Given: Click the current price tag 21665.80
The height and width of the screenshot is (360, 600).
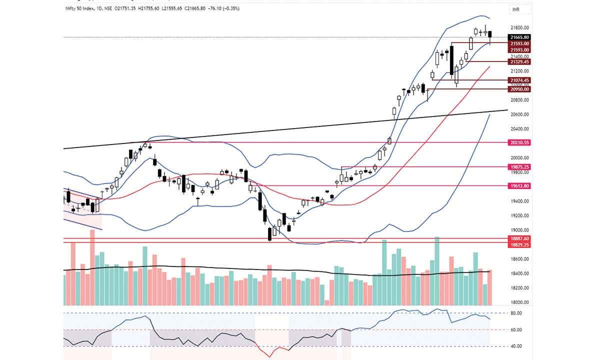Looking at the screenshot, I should pyautogui.click(x=518, y=37).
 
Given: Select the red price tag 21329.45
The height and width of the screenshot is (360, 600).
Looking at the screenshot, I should pyautogui.click(x=518, y=61).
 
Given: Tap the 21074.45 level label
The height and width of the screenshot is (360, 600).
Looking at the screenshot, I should pyautogui.click(x=518, y=80).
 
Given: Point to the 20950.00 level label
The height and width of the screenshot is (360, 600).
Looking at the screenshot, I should pyautogui.click(x=518, y=89).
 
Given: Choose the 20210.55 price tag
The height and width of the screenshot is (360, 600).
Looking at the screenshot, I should pyautogui.click(x=518, y=142).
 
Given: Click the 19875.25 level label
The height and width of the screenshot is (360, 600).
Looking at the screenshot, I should pyautogui.click(x=518, y=166).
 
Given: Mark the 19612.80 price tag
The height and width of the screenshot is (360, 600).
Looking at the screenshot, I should pyautogui.click(x=518, y=185).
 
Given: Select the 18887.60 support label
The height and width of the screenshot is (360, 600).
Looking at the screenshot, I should pyautogui.click(x=518, y=238).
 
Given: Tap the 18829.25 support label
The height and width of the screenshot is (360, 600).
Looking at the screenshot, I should pyautogui.click(x=518, y=245).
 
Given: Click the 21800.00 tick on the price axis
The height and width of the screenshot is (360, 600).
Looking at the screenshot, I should pyautogui.click(x=519, y=28).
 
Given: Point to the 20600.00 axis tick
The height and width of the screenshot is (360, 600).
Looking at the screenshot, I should pyautogui.click(x=519, y=114).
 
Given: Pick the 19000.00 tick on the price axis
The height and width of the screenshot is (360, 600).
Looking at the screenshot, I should pyautogui.click(x=519, y=230).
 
